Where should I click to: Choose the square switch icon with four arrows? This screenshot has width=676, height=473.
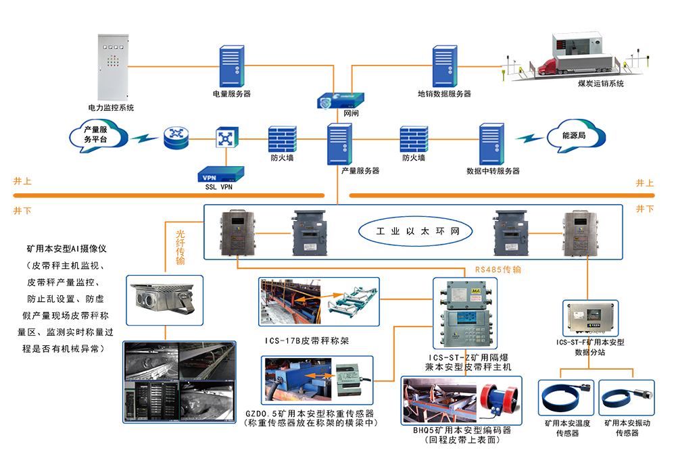coord(224,139)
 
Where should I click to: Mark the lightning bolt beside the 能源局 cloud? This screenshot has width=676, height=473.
coord(529,137)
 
